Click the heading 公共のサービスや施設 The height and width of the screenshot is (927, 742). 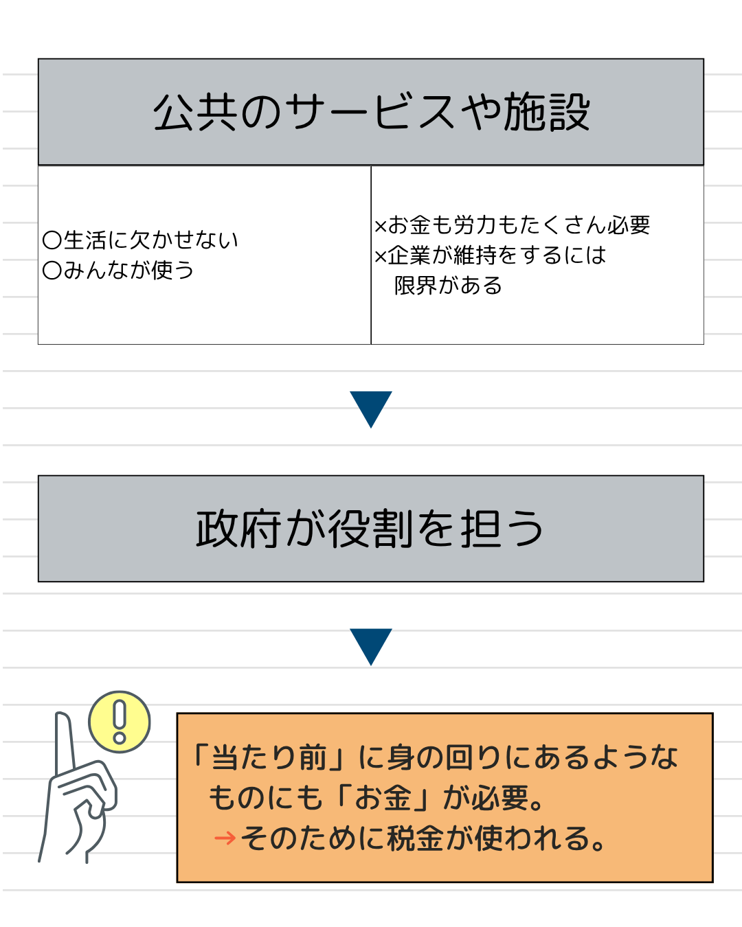pyautogui.click(x=371, y=112)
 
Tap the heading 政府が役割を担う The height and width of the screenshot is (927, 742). pyautogui.click(x=371, y=529)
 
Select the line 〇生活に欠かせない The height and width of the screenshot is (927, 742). pyautogui.click(x=140, y=240)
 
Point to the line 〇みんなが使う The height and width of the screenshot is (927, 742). pyautogui.click(x=118, y=271)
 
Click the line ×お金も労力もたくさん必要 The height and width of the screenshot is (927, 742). pyautogui.click(x=512, y=225)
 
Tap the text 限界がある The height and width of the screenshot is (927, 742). pyautogui.click(x=448, y=286)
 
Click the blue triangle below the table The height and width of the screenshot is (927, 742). pyautogui.click(x=371, y=407)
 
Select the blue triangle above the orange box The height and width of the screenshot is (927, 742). pyautogui.click(x=371, y=645)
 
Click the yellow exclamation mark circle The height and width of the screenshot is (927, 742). pyautogui.click(x=120, y=722)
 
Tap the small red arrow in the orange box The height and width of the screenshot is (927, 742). pyautogui.click(x=225, y=838)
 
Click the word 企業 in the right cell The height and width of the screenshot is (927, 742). pyautogui.click(x=409, y=255)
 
